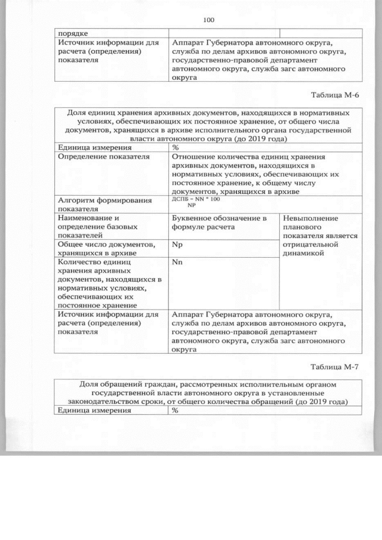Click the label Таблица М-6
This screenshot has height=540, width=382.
[337, 95]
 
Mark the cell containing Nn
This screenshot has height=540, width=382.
[177, 262]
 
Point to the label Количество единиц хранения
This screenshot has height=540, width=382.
[93, 266]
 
